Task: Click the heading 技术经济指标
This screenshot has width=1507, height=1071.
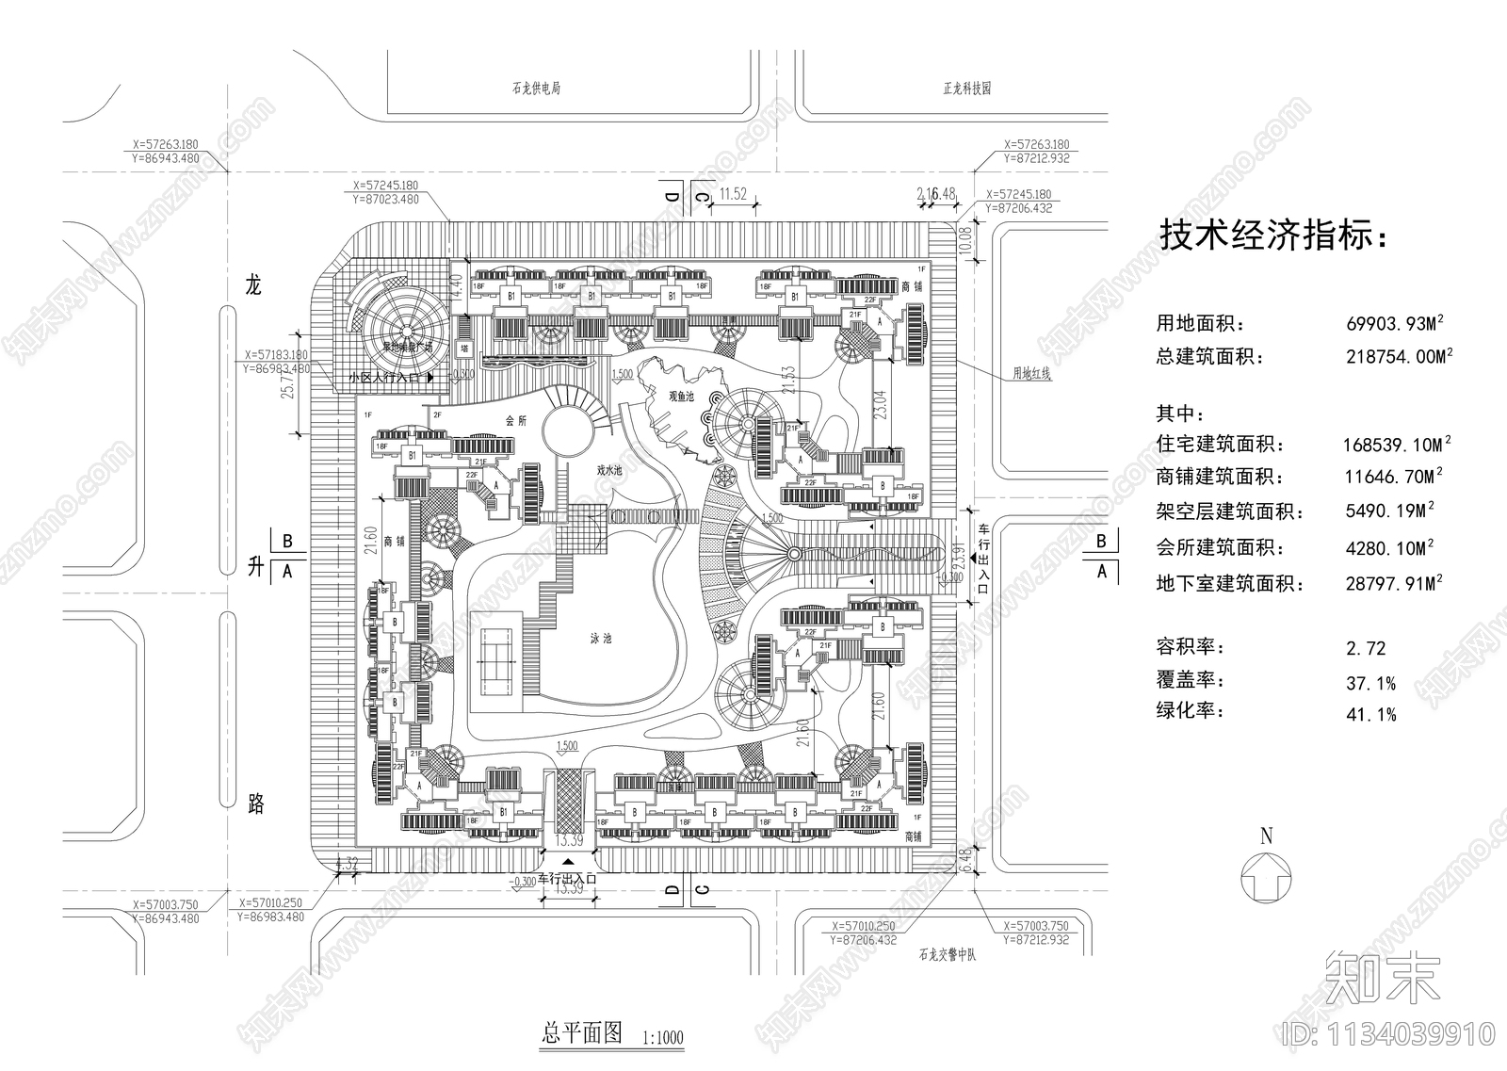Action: click(1272, 235)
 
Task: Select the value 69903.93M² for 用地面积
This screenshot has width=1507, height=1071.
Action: click(1395, 323)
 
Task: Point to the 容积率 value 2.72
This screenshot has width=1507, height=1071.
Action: click(1366, 648)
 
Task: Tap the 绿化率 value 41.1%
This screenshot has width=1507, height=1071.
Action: click(1371, 715)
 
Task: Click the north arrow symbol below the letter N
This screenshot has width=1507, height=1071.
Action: click(1266, 877)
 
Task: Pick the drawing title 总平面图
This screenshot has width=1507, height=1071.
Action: click(582, 1032)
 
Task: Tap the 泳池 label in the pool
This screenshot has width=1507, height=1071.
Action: click(601, 639)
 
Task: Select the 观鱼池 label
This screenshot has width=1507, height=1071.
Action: click(681, 397)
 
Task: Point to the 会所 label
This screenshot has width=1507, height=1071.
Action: click(516, 421)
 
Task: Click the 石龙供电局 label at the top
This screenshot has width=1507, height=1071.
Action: click(536, 89)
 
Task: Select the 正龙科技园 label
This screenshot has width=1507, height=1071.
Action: click(966, 89)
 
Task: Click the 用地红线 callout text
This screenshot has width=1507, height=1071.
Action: click(1031, 373)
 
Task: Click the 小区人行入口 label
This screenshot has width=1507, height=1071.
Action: click(386, 377)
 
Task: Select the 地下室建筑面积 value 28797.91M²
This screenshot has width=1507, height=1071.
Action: click(1395, 584)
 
